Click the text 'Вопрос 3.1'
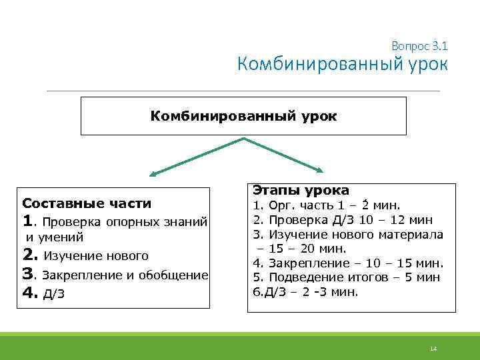pyautogui.click(x=419, y=46)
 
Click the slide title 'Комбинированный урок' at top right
pyautogui.click(x=343, y=65)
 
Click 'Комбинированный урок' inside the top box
pyautogui.click(x=243, y=116)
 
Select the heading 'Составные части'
pyautogui.click(x=87, y=203)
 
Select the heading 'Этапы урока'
pyautogui.click(x=300, y=190)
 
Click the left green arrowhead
pyautogui.click(x=153, y=175)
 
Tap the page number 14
pyautogui.click(x=433, y=349)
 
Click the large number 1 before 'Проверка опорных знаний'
pyautogui.click(x=28, y=221)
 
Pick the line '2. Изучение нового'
pyautogui.click(x=85, y=255)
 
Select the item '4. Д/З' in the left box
pyautogui.click(x=40, y=293)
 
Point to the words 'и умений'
pyautogui.click(x=55, y=237)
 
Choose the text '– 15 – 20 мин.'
pyautogui.click(x=302, y=249)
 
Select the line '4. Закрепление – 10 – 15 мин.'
pyautogui.click(x=347, y=263)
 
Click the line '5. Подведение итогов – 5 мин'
pyautogui.click(x=345, y=277)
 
